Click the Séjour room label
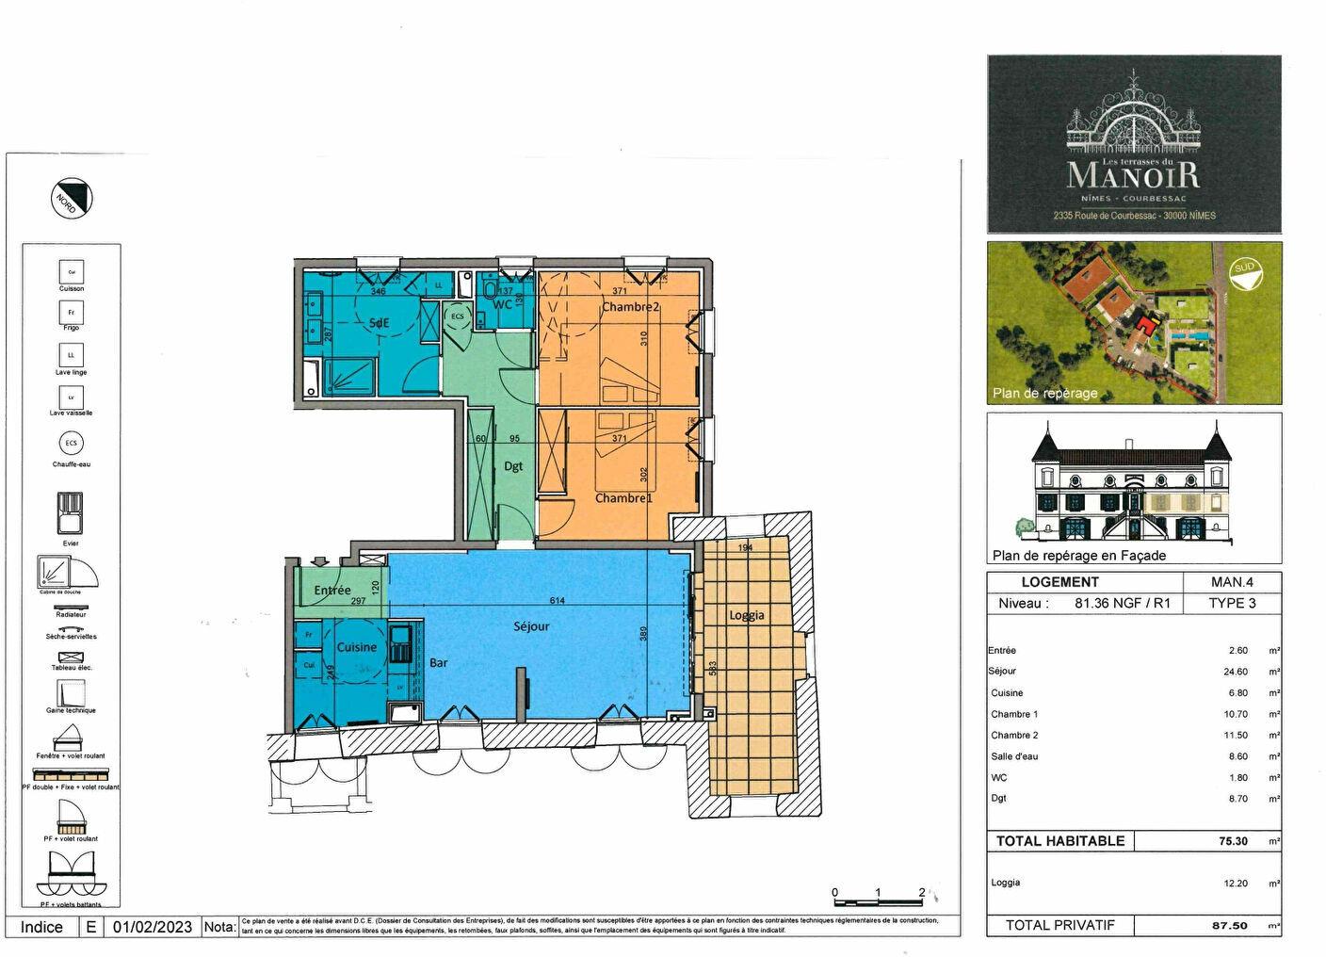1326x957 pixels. click(x=531, y=626)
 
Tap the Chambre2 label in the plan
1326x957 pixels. click(x=630, y=307)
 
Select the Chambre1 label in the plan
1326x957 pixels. click(x=623, y=498)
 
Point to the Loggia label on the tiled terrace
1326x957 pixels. click(x=747, y=615)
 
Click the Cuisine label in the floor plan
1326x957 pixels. click(x=357, y=647)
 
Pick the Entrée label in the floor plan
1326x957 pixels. click(x=332, y=591)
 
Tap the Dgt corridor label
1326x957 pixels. click(x=513, y=466)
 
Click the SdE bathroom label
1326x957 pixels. click(x=379, y=323)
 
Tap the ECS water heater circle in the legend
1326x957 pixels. click(x=72, y=444)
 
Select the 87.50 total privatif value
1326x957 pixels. click(x=1229, y=925)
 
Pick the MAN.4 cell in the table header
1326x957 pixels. click(x=1232, y=582)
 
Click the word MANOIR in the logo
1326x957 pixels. click(x=1133, y=174)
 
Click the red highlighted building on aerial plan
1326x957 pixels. click(x=1145, y=326)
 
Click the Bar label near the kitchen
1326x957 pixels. click(x=439, y=663)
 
